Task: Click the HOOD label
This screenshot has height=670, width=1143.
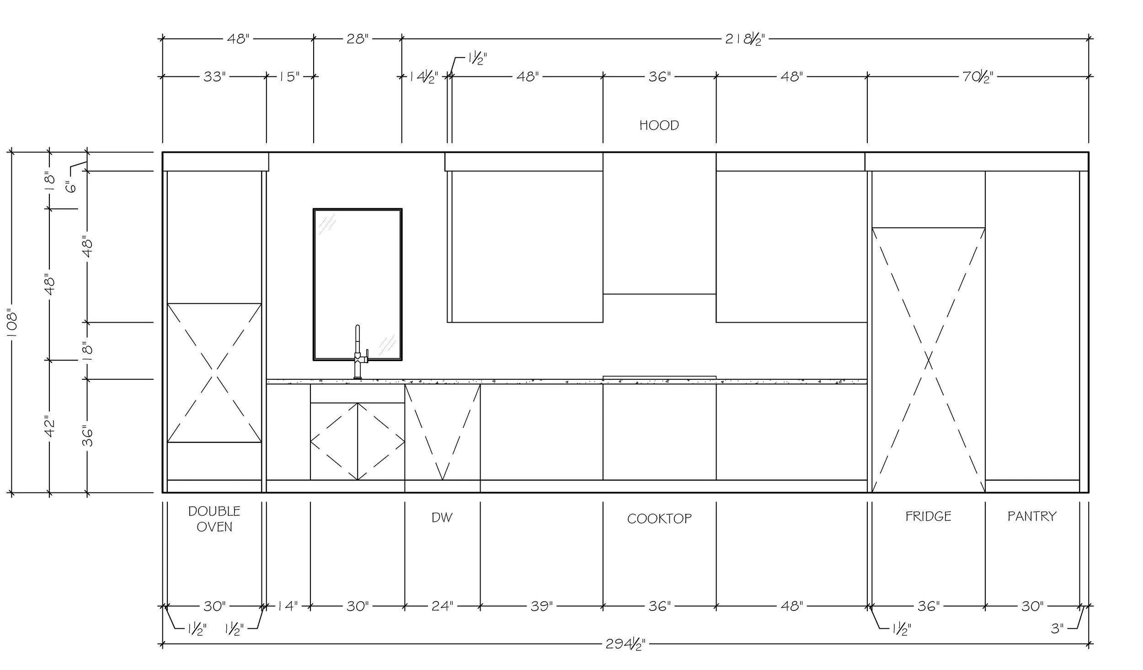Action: [x=659, y=125]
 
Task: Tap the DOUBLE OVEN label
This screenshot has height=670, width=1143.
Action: [x=214, y=519]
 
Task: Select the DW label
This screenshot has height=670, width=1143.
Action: [x=442, y=518]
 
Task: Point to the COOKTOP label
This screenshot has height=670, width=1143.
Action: [x=659, y=519]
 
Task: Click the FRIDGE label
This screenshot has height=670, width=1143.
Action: [x=928, y=516]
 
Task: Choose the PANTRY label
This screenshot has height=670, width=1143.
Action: [x=1032, y=516]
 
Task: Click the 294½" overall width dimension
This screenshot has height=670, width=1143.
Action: [x=625, y=644]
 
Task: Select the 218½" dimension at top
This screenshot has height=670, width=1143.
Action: [x=745, y=39]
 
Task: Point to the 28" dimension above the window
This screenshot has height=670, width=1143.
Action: [x=357, y=39]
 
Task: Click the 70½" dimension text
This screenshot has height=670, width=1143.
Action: [x=977, y=76]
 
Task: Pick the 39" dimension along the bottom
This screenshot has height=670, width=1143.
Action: [x=541, y=606]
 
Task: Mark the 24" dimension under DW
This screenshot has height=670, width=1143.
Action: [x=442, y=606]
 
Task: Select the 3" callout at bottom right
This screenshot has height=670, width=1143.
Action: [x=1057, y=628]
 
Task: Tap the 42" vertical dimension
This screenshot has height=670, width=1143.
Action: [x=50, y=426]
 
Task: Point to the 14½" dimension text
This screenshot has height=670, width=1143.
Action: [x=423, y=76]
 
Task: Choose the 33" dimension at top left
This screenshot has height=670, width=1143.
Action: [x=214, y=76]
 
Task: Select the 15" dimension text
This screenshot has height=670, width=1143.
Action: [x=288, y=76]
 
